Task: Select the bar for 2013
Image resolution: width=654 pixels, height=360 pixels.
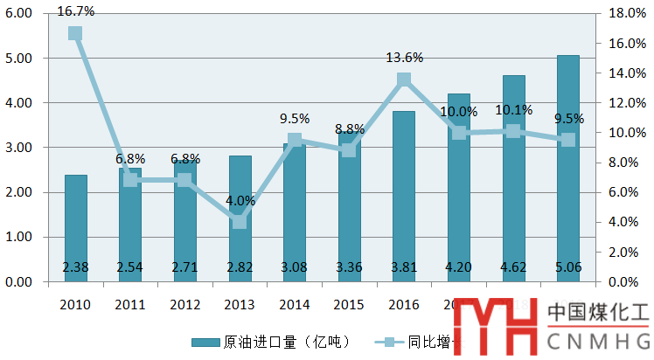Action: (x=240, y=218)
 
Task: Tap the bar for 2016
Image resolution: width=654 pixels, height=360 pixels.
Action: (x=404, y=197)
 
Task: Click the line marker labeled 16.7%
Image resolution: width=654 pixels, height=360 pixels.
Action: (x=75, y=34)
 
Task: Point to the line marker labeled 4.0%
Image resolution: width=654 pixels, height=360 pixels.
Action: (x=240, y=222)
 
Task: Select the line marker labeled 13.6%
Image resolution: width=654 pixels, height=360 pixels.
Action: (x=404, y=80)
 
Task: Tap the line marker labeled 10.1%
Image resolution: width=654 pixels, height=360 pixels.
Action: (x=513, y=131)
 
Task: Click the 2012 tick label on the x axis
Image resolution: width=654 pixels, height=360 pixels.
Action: (x=184, y=303)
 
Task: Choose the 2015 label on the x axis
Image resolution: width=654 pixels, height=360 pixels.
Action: (x=349, y=303)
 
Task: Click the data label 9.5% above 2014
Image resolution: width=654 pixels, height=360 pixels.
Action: (x=295, y=119)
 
